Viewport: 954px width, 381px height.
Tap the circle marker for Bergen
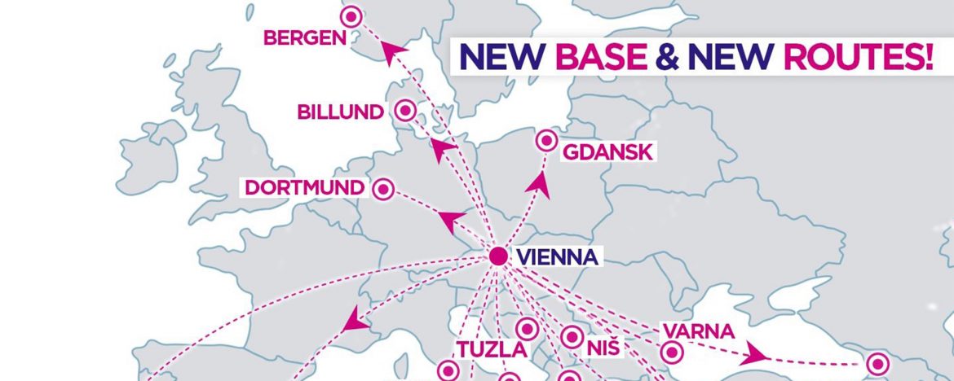[351, 15]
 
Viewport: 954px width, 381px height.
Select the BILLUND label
[340, 112]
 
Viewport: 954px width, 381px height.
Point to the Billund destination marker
[404, 110]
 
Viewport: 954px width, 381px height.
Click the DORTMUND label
[305, 188]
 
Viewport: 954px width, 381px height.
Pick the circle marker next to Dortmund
[383, 189]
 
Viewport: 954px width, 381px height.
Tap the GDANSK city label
[609, 151]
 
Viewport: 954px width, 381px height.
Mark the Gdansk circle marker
[545, 141]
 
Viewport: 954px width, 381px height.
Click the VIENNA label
[559, 258]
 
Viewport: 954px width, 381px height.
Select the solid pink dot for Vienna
[499, 257]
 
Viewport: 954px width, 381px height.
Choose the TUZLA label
[486, 349]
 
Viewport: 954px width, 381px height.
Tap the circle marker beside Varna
[671, 353]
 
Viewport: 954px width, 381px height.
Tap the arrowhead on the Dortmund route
[451, 219]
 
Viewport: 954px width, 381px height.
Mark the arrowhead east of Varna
[756, 355]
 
